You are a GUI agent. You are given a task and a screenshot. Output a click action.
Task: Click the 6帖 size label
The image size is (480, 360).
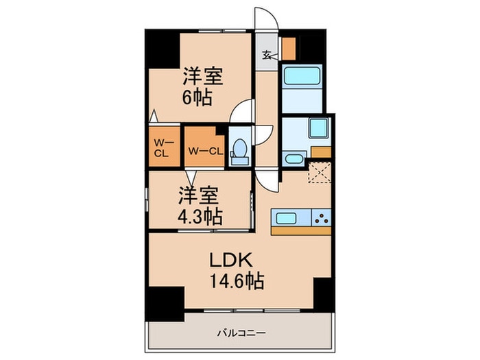click(197, 97)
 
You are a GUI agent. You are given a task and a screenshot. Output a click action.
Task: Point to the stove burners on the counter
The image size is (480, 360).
click(321, 219)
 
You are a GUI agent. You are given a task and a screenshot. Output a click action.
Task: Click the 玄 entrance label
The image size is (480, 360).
click(267, 57)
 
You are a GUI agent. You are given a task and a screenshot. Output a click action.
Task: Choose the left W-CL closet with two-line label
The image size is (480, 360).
click(163, 147)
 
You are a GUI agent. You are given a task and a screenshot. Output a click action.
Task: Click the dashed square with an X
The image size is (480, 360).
click(319, 171)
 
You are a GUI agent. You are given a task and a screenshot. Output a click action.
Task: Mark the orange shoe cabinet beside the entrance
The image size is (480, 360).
click(289, 48)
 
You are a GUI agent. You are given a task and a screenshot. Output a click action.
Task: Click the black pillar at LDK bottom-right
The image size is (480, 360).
click(323, 293)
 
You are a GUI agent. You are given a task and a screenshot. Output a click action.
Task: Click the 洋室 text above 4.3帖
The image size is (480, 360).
click(199, 195)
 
